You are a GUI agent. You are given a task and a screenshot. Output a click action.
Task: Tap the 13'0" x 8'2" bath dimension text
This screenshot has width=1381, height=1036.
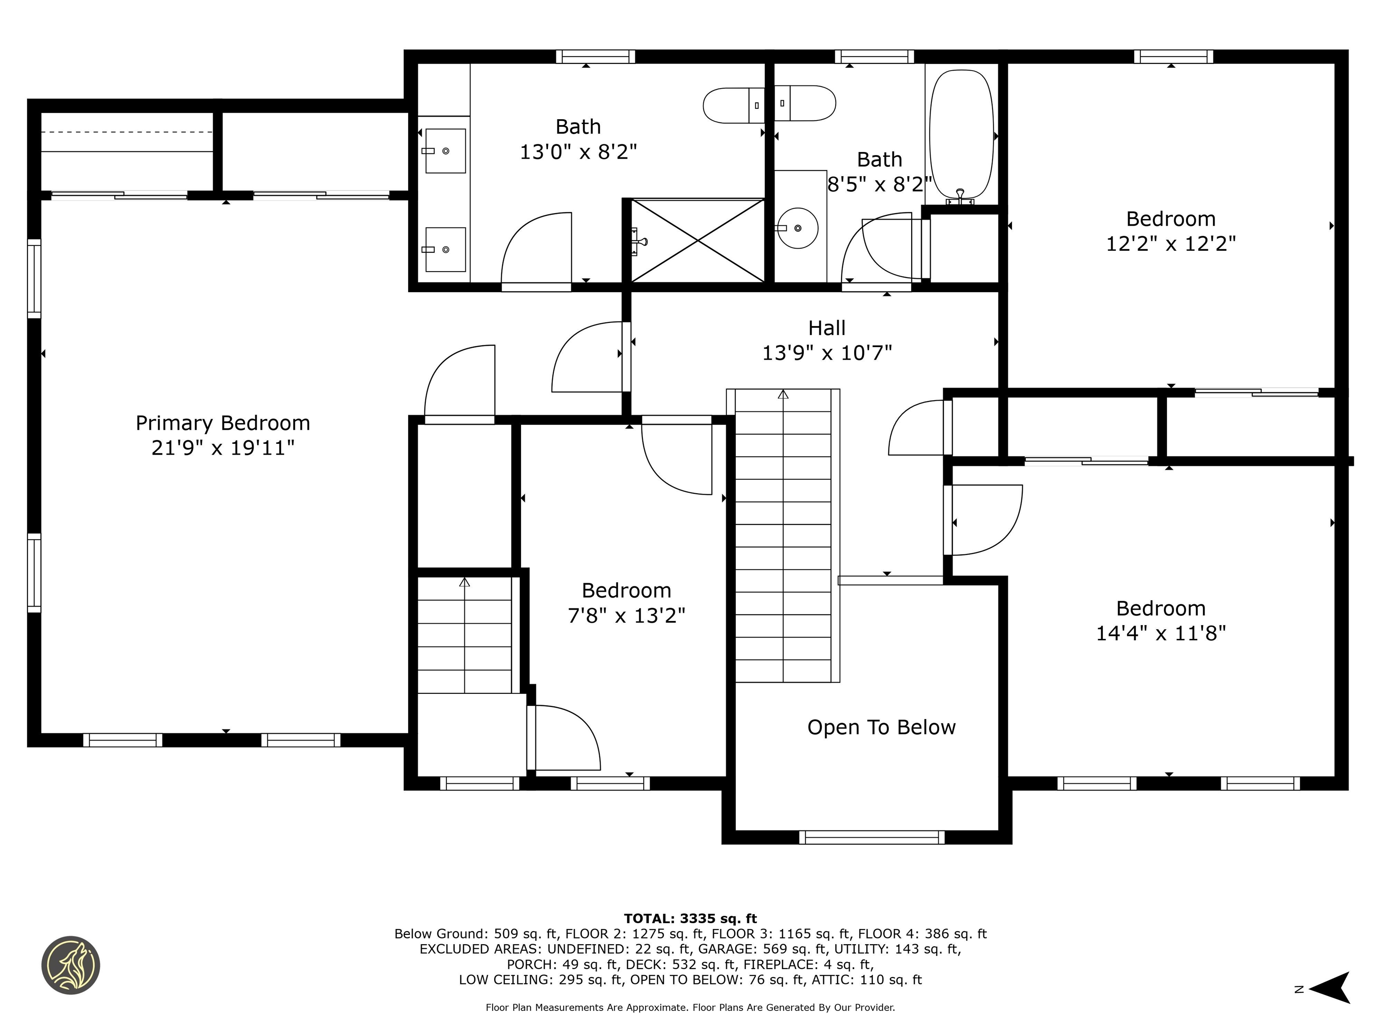pyautogui.click(x=578, y=152)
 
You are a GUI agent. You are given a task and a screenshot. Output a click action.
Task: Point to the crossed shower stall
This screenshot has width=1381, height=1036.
pyautogui.click(x=697, y=241)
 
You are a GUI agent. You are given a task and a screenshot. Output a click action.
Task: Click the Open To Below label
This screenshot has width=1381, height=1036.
pyautogui.click(x=881, y=727)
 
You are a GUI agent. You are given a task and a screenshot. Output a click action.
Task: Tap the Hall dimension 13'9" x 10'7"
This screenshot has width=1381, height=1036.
pyautogui.click(x=827, y=353)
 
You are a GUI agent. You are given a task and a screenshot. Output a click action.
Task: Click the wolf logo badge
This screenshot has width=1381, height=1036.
pyautogui.click(x=71, y=965)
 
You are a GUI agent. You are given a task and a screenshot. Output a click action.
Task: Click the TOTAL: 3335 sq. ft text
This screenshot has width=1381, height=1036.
pyautogui.click(x=690, y=919)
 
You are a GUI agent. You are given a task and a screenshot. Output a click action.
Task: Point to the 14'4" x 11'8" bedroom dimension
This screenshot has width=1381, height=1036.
pyautogui.click(x=1161, y=633)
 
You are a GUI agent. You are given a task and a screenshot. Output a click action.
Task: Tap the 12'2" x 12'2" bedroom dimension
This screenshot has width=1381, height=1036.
pyautogui.click(x=1171, y=244)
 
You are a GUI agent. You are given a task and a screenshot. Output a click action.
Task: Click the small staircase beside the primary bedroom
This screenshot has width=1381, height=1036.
pyautogui.click(x=464, y=635)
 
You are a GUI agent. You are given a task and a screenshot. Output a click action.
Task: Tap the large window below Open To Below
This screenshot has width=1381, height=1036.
pyautogui.click(x=872, y=837)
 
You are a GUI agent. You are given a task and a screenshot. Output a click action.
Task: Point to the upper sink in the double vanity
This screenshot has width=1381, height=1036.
pyautogui.click(x=445, y=151)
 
